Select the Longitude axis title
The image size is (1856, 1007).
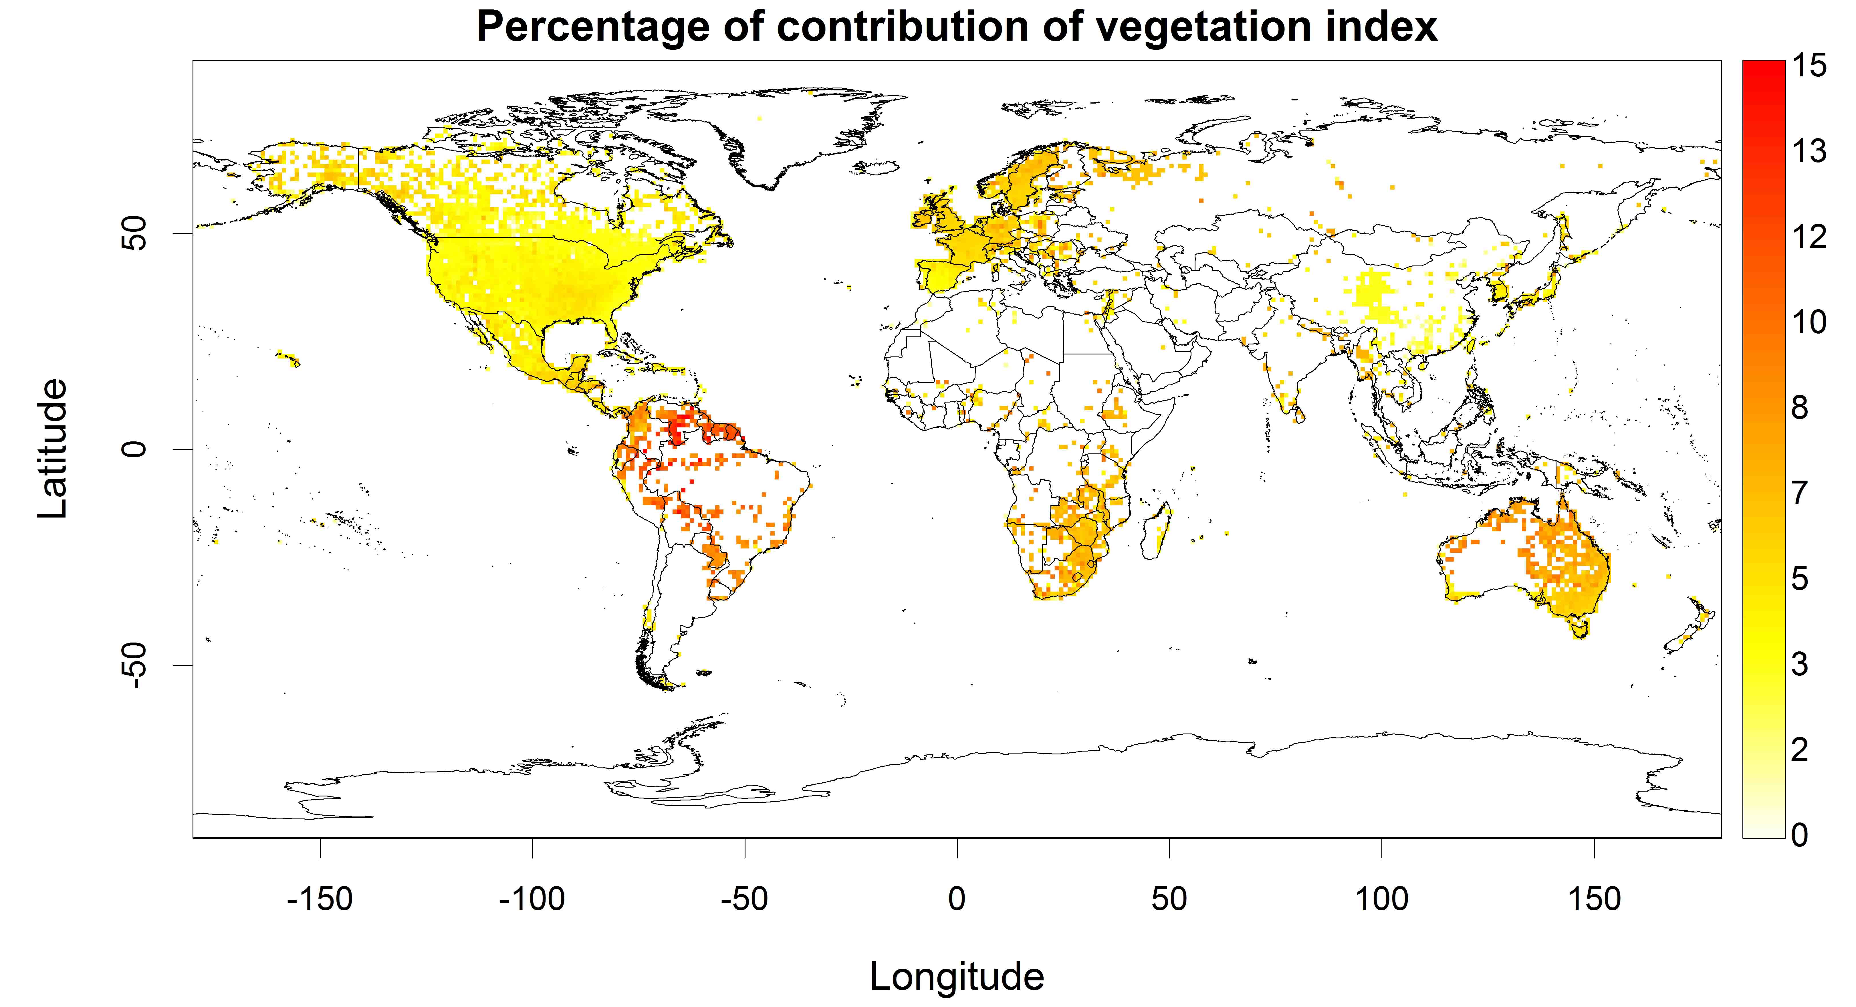(957, 977)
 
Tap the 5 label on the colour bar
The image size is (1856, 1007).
(1800, 578)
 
